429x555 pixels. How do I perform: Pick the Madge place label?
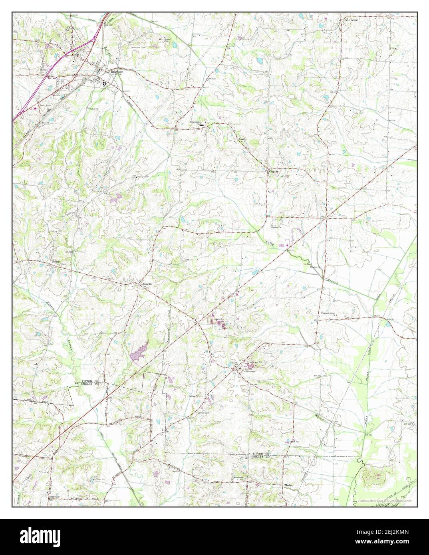(x=288, y=485)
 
